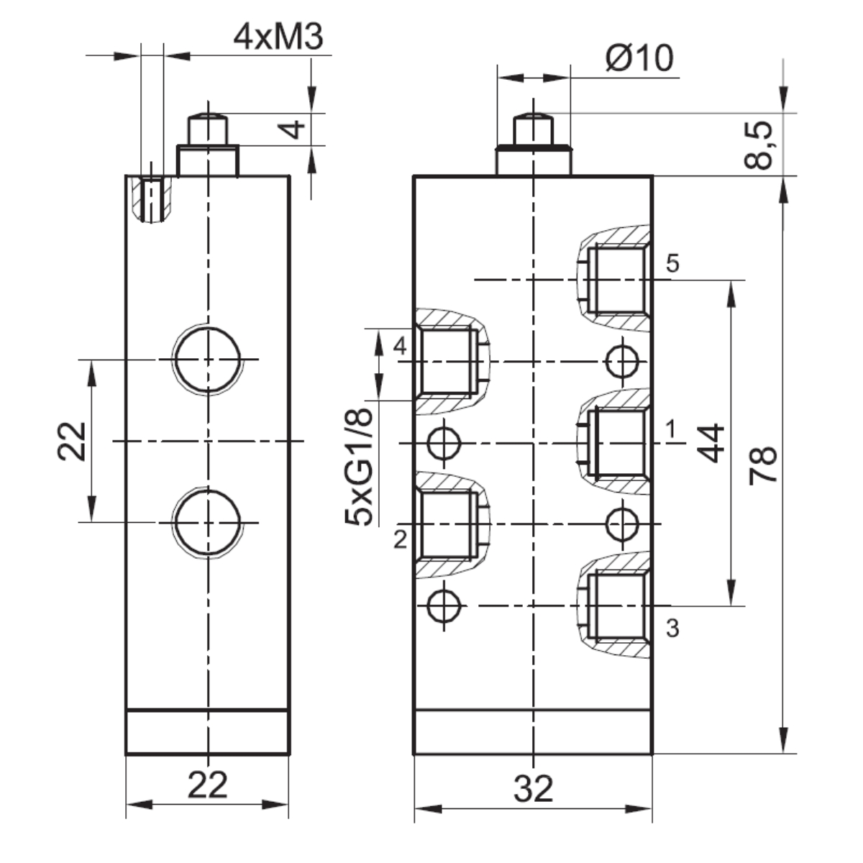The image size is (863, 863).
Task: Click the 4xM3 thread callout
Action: pos(278,37)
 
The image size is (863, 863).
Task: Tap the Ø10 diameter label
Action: pos(639,58)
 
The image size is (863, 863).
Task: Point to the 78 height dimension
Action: pos(762,465)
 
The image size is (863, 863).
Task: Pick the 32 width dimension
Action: pos(534,789)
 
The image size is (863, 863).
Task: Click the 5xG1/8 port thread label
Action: pos(360,467)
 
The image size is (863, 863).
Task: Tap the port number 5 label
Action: pos(672,263)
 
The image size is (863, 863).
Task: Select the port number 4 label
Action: pos(401,346)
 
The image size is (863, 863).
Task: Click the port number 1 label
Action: pos(670,430)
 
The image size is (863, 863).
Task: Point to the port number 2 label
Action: pos(401,539)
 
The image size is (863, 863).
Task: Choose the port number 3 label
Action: pos(672,629)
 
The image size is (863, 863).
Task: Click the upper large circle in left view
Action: pos(207,358)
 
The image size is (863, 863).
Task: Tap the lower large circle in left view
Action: pos(207,521)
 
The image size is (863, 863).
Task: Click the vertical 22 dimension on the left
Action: pos(73,440)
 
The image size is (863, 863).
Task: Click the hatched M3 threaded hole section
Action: pos(151,199)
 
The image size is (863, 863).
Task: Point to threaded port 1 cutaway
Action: pos(615,443)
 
